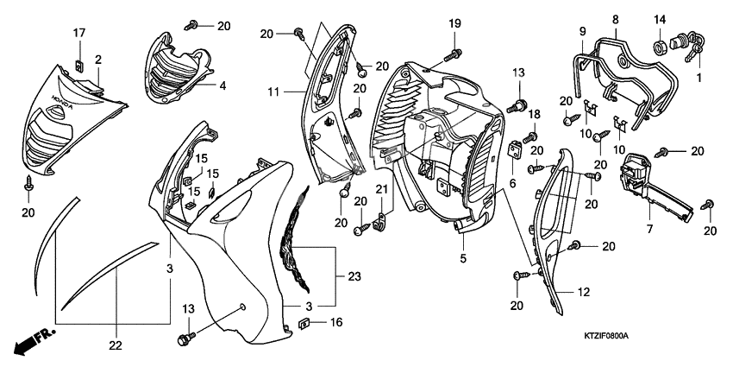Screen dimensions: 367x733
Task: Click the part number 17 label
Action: tap(78, 33)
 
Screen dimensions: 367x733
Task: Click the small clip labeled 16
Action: tap(304, 324)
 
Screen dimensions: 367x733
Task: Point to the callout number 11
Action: tap(273, 90)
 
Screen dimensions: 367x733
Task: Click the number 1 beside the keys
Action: tap(699, 77)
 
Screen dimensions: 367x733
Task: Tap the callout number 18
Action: tap(534, 114)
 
